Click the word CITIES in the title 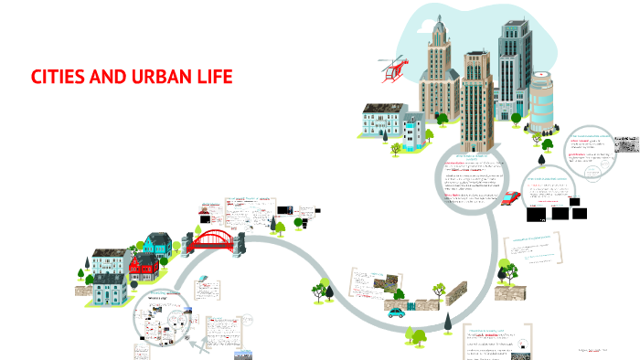point(59,76)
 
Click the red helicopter point(393,68)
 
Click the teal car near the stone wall point(396,312)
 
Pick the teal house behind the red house point(156,244)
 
